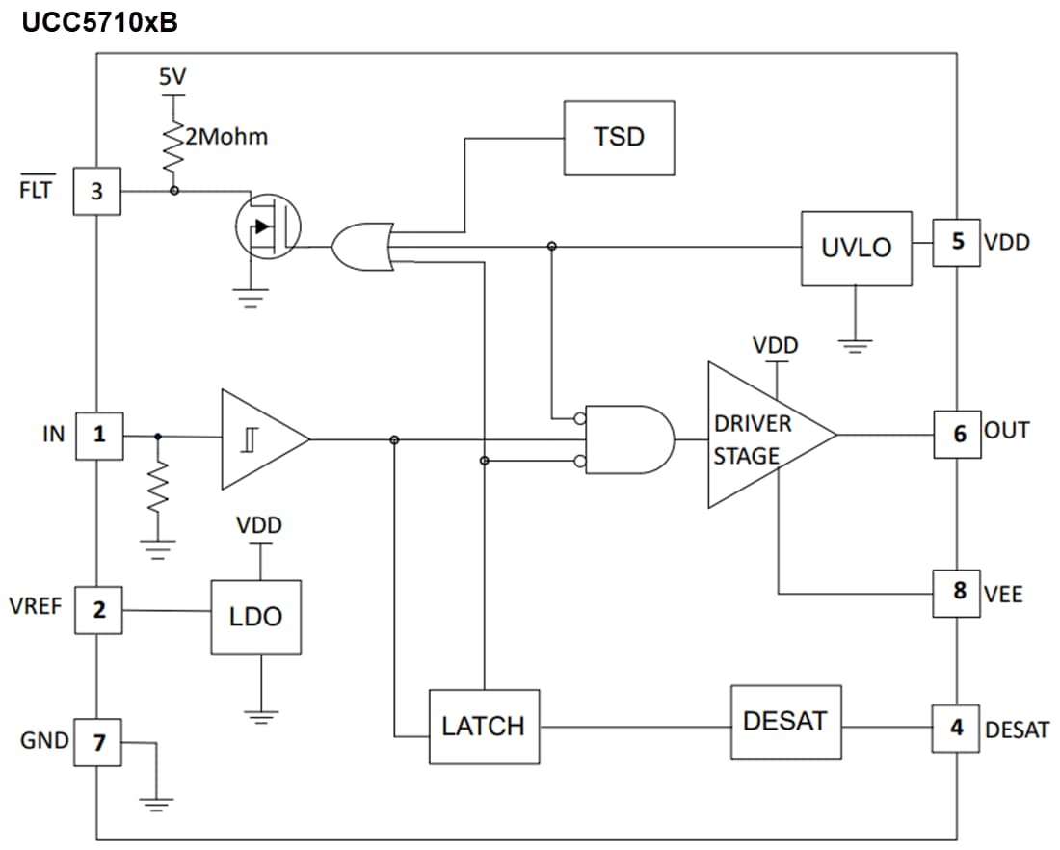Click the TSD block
tap(619, 138)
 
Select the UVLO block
tap(856, 248)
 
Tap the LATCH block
tap(484, 727)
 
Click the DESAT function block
tap(785, 721)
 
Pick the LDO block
tap(255, 618)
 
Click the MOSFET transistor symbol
tap(268, 228)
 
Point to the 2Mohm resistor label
tap(226, 137)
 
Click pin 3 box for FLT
tap(97, 191)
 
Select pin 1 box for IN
tap(98, 435)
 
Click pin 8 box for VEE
tap(957, 591)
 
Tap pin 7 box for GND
tap(98, 742)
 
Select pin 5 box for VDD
tap(957, 242)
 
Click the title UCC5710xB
tap(99, 22)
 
